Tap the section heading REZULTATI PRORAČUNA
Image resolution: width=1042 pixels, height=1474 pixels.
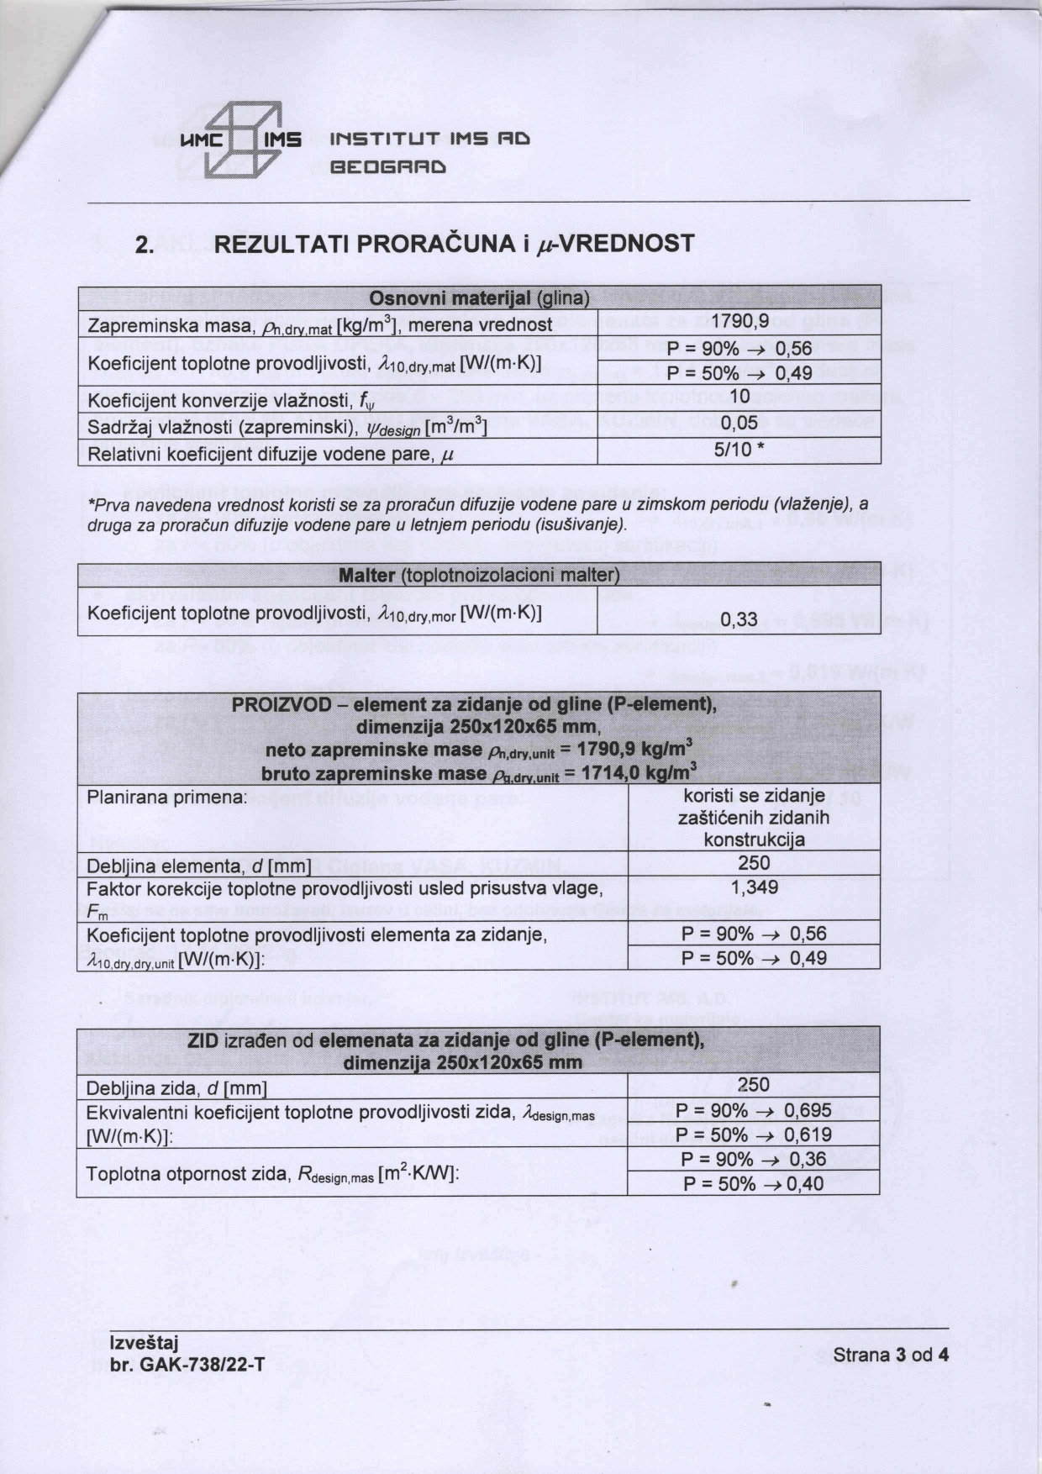(x=455, y=245)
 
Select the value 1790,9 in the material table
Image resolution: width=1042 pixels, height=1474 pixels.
(x=739, y=320)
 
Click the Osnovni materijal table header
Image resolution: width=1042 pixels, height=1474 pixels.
(x=479, y=299)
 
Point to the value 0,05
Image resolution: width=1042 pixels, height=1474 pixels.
(x=739, y=424)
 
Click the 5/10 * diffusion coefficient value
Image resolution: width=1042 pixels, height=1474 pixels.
(x=739, y=450)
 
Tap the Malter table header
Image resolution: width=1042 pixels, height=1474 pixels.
(x=479, y=576)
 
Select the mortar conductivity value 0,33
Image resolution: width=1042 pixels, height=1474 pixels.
(x=739, y=620)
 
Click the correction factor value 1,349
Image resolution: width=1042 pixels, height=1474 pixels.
(x=754, y=887)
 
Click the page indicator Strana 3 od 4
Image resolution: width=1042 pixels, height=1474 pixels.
(x=891, y=1355)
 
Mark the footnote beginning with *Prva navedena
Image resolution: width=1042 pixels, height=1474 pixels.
(x=478, y=513)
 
